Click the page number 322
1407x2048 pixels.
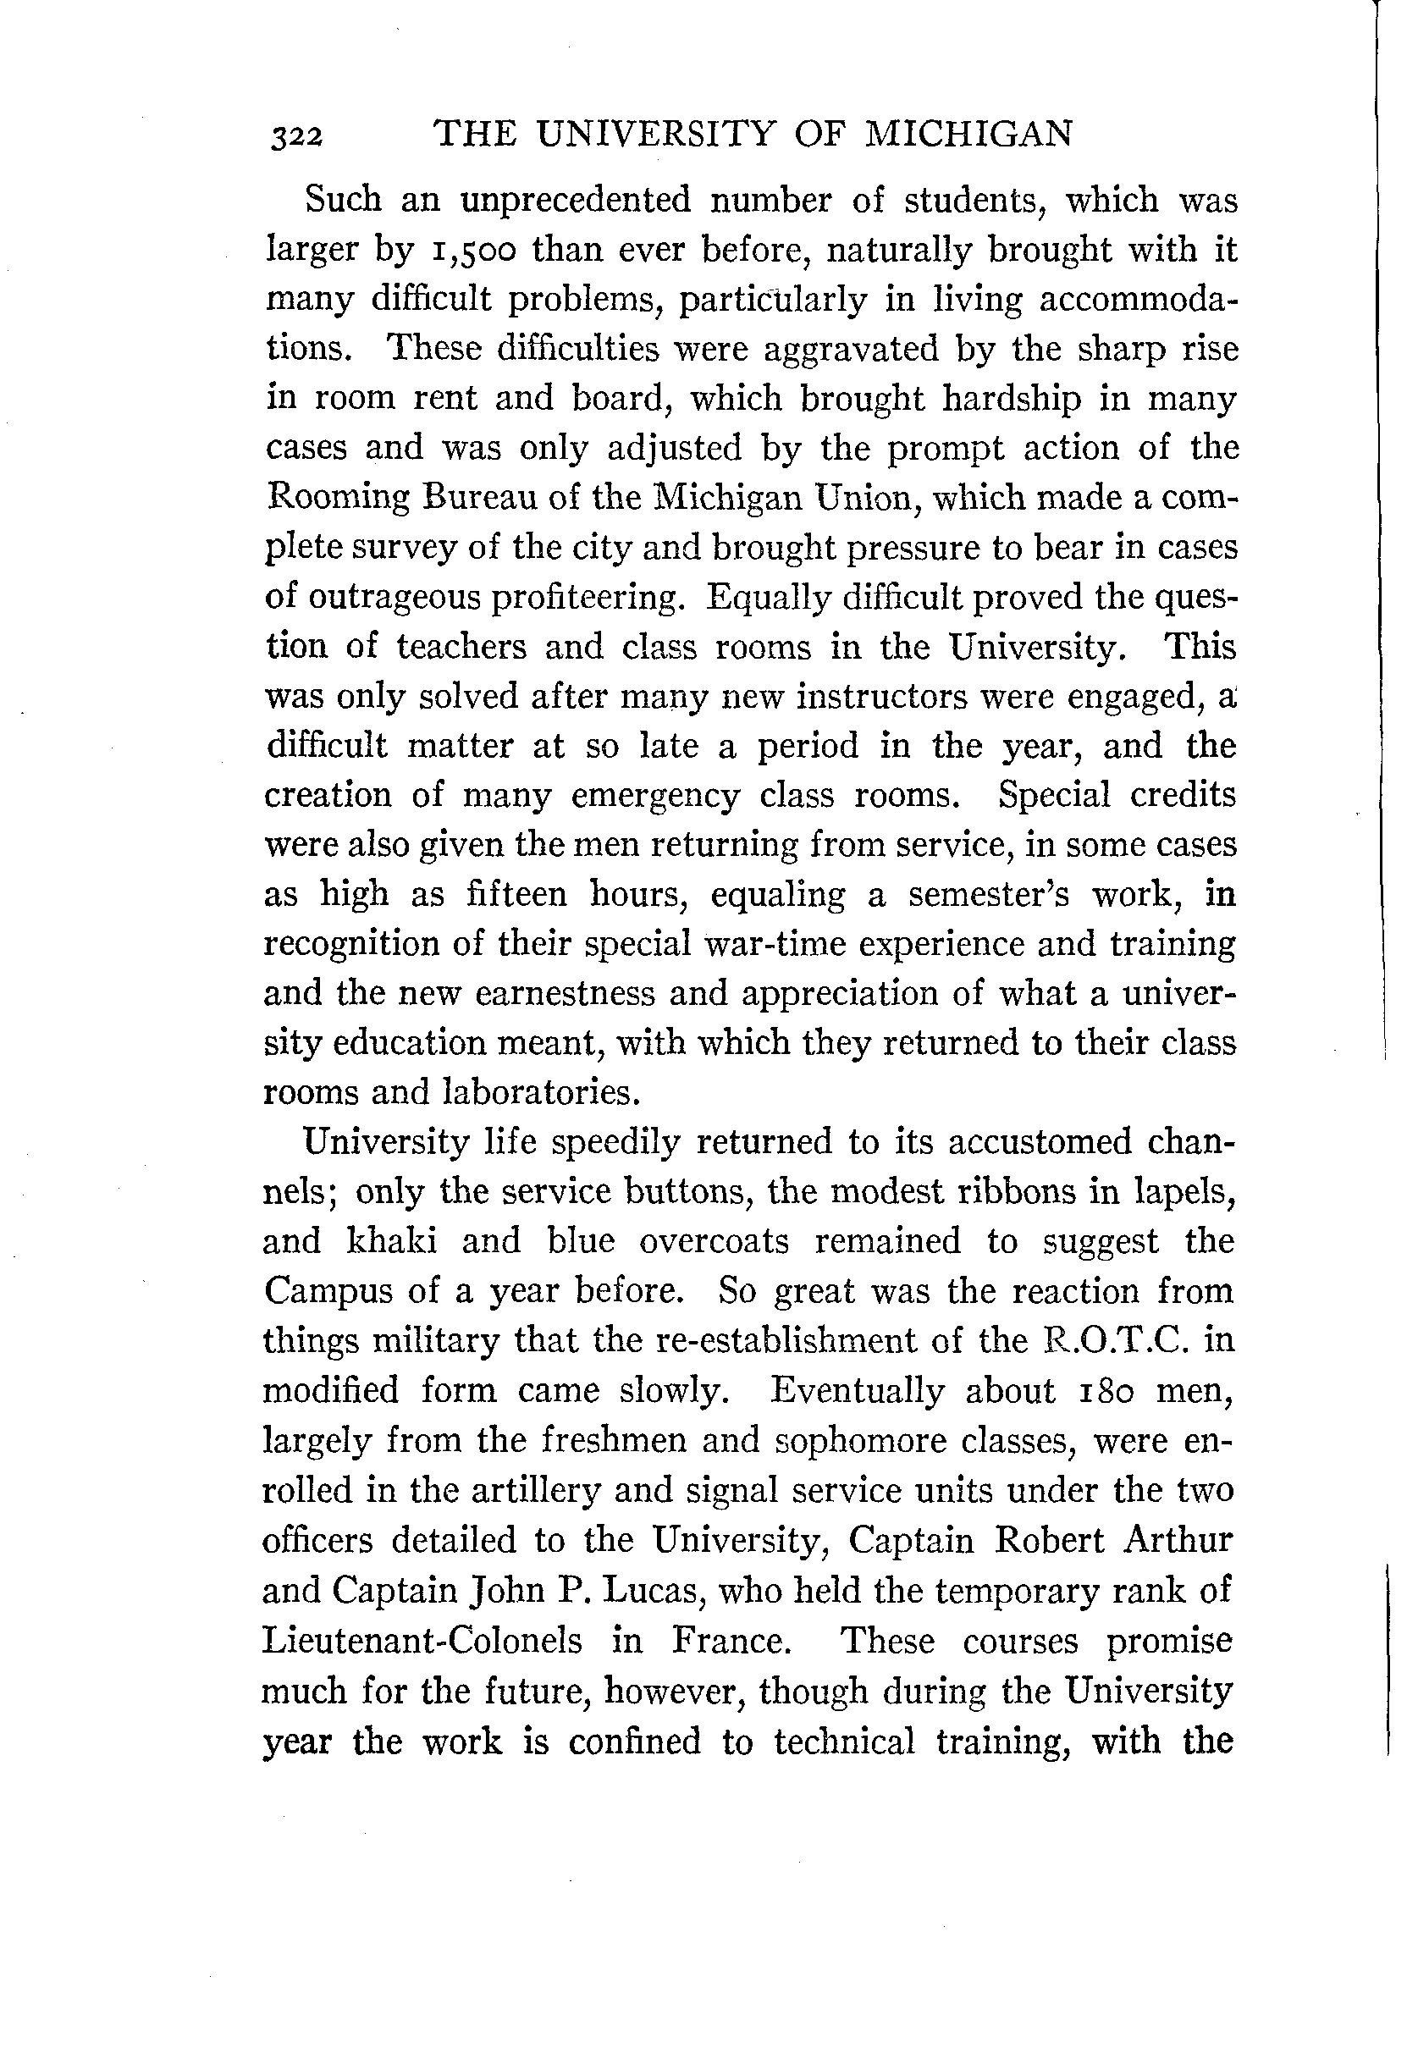tap(298, 137)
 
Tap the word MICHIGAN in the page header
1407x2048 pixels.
tap(968, 134)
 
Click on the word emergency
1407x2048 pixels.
tap(655, 796)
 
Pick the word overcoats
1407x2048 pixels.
tap(713, 1241)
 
